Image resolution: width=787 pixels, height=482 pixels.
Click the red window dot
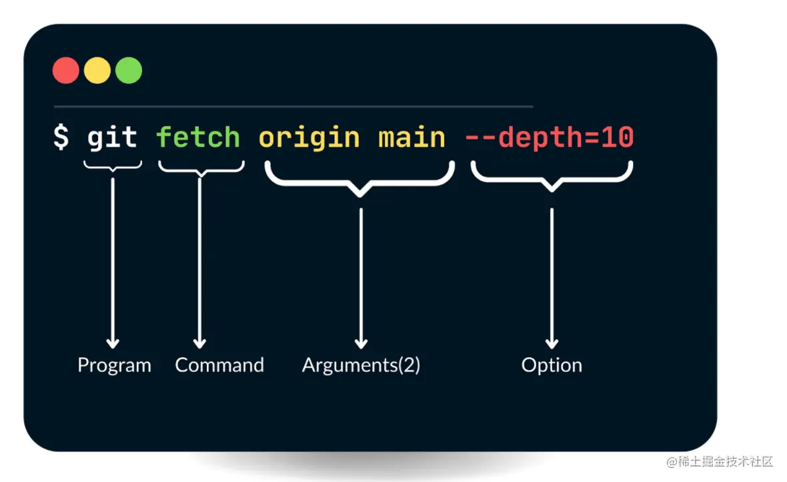(x=66, y=70)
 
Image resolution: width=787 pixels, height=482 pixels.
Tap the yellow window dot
(x=97, y=70)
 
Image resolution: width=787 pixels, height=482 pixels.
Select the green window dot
(x=129, y=70)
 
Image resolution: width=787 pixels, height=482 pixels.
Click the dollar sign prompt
(x=61, y=138)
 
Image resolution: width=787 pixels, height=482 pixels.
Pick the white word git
(x=112, y=138)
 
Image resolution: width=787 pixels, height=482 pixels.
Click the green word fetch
(x=198, y=138)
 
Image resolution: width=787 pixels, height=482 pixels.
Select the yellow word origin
(x=309, y=138)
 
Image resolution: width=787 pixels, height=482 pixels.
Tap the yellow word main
(x=412, y=138)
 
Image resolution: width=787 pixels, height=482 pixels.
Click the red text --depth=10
(x=549, y=138)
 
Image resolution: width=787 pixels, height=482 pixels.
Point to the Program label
(x=114, y=365)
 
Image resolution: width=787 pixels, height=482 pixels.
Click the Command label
(x=219, y=365)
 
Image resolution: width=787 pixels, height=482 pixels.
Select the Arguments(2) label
(x=361, y=365)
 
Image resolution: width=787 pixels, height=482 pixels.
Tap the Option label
(x=552, y=365)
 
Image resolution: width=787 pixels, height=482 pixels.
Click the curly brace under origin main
(x=360, y=180)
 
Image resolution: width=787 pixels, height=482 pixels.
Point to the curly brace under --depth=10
(x=552, y=178)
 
